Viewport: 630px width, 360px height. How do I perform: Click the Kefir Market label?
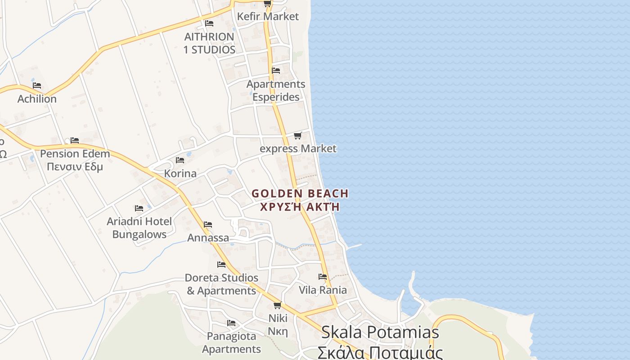pyautogui.click(x=268, y=17)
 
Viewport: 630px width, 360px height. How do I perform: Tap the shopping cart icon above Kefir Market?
pyautogui.click(x=267, y=4)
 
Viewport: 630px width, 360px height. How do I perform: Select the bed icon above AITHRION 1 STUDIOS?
pyautogui.click(x=209, y=23)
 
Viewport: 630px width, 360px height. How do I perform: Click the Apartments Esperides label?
pyautogui.click(x=275, y=90)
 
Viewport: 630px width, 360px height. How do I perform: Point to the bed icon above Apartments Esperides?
pyautogui.click(x=276, y=71)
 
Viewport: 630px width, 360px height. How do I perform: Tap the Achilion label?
pyautogui.click(x=37, y=99)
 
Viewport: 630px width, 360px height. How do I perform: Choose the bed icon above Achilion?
pyautogui.click(x=37, y=85)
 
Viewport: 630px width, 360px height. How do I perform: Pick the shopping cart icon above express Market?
pyautogui.click(x=297, y=135)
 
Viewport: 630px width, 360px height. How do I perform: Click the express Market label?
pyautogui.click(x=298, y=148)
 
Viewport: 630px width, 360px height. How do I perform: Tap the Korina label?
pyautogui.click(x=180, y=174)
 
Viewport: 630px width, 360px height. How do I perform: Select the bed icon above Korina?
pyautogui.click(x=180, y=160)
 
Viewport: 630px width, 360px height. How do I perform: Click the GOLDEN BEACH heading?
pyautogui.click(x=300, y=194)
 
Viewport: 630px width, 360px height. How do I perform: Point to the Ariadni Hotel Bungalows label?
pyautogui.click(x=139, y=228)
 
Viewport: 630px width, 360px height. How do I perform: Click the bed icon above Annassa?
pyautogui.click(x=208, y=224)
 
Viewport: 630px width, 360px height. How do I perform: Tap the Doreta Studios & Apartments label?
pyautogui.click(x=221, y=284)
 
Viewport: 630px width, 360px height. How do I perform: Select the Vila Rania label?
pyautogui.click(x=323, y=290)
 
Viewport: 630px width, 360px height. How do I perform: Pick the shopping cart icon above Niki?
pyautogui.click(x=277, y=306)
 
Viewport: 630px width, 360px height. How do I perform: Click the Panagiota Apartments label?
pyautogui.click(x=231, y=342)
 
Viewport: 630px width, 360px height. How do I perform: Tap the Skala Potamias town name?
pyautogui.click(x=380, y=333)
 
